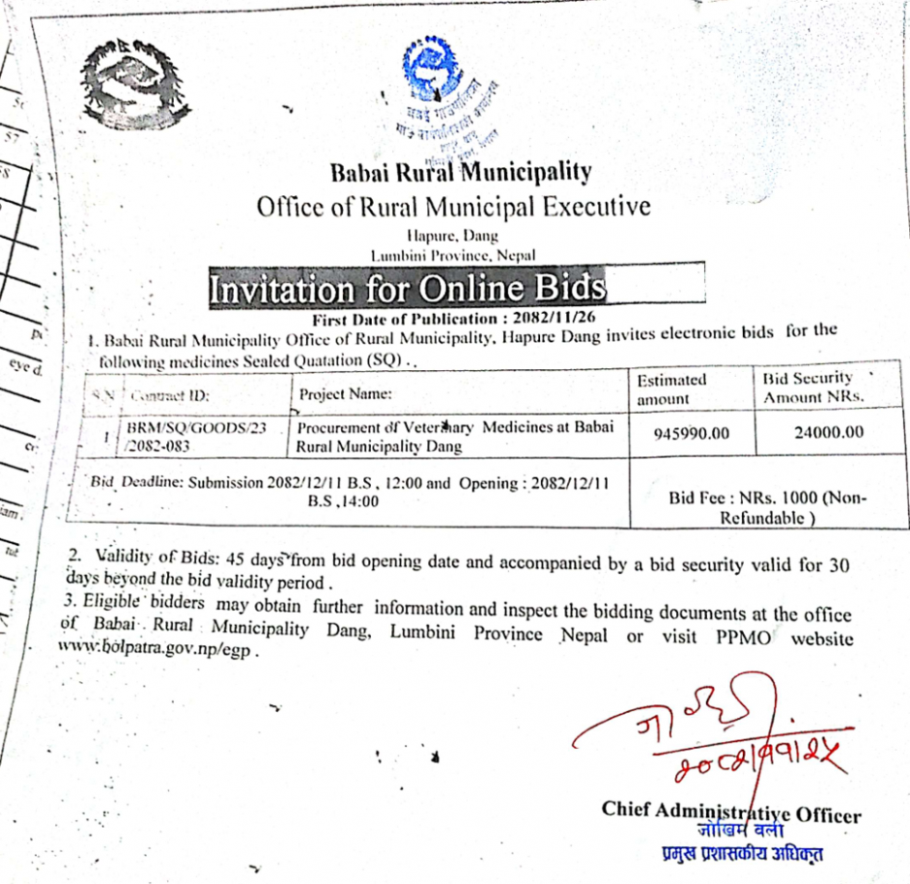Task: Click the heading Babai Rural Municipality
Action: tap(460, 173)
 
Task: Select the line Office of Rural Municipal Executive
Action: tap(454, 206)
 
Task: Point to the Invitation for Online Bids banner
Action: tap(408, 289)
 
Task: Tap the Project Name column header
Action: tap(345, 394)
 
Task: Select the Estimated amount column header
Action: tap(671, 389)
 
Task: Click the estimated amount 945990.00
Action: tap(690, 433)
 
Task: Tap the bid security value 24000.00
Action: tap(827, 432)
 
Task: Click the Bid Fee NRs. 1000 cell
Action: tap(767, 507)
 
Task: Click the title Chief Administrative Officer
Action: tap(730, 811)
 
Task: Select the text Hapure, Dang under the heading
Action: tap(453, 234)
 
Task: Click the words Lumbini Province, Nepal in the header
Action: tap(454, 254)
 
